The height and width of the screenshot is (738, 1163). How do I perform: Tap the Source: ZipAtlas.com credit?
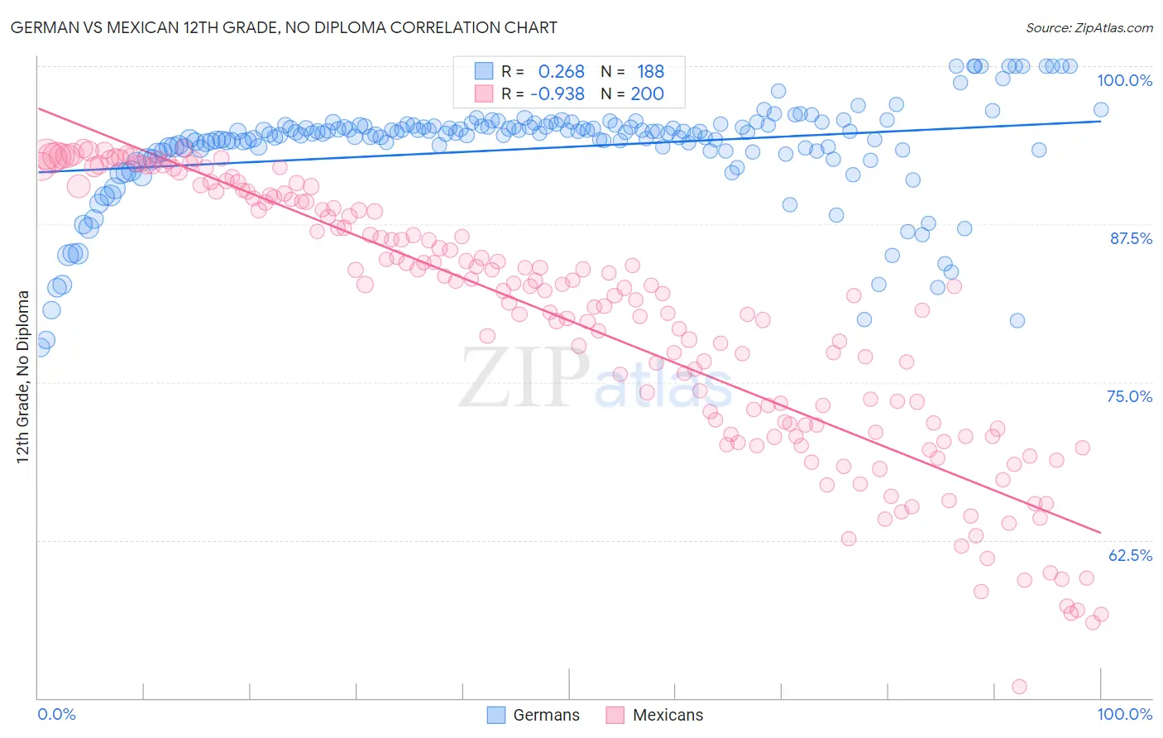point(1089,27)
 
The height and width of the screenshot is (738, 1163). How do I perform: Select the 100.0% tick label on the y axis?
point(1124,80)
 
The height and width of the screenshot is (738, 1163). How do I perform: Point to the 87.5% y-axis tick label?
point(1130,238)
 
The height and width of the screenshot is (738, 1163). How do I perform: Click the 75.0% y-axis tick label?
point(1129,396)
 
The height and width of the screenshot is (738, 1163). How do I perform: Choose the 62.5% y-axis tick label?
point(1130,555)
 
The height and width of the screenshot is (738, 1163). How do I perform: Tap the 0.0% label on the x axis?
point(57,714)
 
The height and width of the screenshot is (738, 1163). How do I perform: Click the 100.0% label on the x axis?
point(1124,714)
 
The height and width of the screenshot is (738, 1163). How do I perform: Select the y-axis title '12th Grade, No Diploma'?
point(23,376)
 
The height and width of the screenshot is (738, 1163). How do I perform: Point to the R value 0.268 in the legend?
point(561,72)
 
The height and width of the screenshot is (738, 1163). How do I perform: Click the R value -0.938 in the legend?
point(557,94)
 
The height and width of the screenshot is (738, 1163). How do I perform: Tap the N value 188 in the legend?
point(650,72)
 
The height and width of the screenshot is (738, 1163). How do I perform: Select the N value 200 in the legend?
point(647,94)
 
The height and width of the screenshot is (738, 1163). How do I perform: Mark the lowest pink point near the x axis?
point(1019,687)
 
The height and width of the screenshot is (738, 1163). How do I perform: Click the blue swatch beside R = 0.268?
point(484,71)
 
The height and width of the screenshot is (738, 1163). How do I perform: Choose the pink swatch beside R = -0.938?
point(484,93)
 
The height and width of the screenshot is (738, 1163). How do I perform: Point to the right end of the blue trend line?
point(1101,121)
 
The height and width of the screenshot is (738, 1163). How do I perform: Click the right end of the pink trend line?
point(1101,532)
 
